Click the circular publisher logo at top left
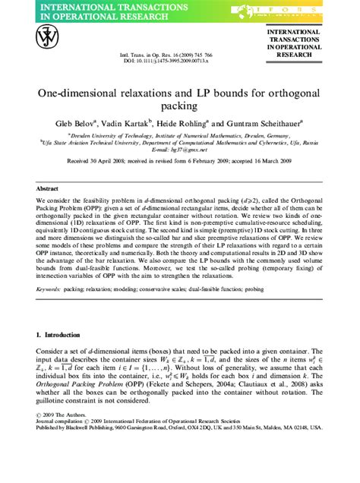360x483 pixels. point(48,39)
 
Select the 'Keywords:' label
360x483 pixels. point(49,289)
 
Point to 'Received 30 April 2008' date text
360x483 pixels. point(99,162)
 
